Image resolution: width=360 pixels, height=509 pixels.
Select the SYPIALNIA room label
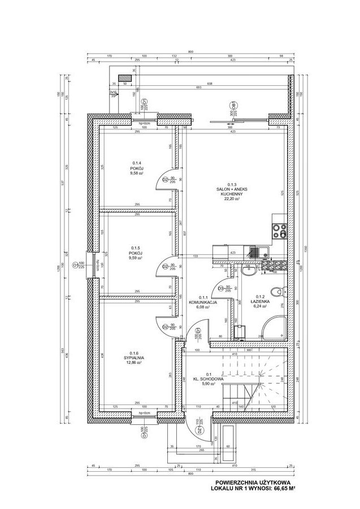point(136,358)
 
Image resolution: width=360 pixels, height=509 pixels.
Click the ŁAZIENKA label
point(261,302)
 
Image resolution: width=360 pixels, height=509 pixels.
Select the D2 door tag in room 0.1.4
point(164,180)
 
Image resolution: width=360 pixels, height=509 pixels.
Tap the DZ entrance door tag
point(198,431)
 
